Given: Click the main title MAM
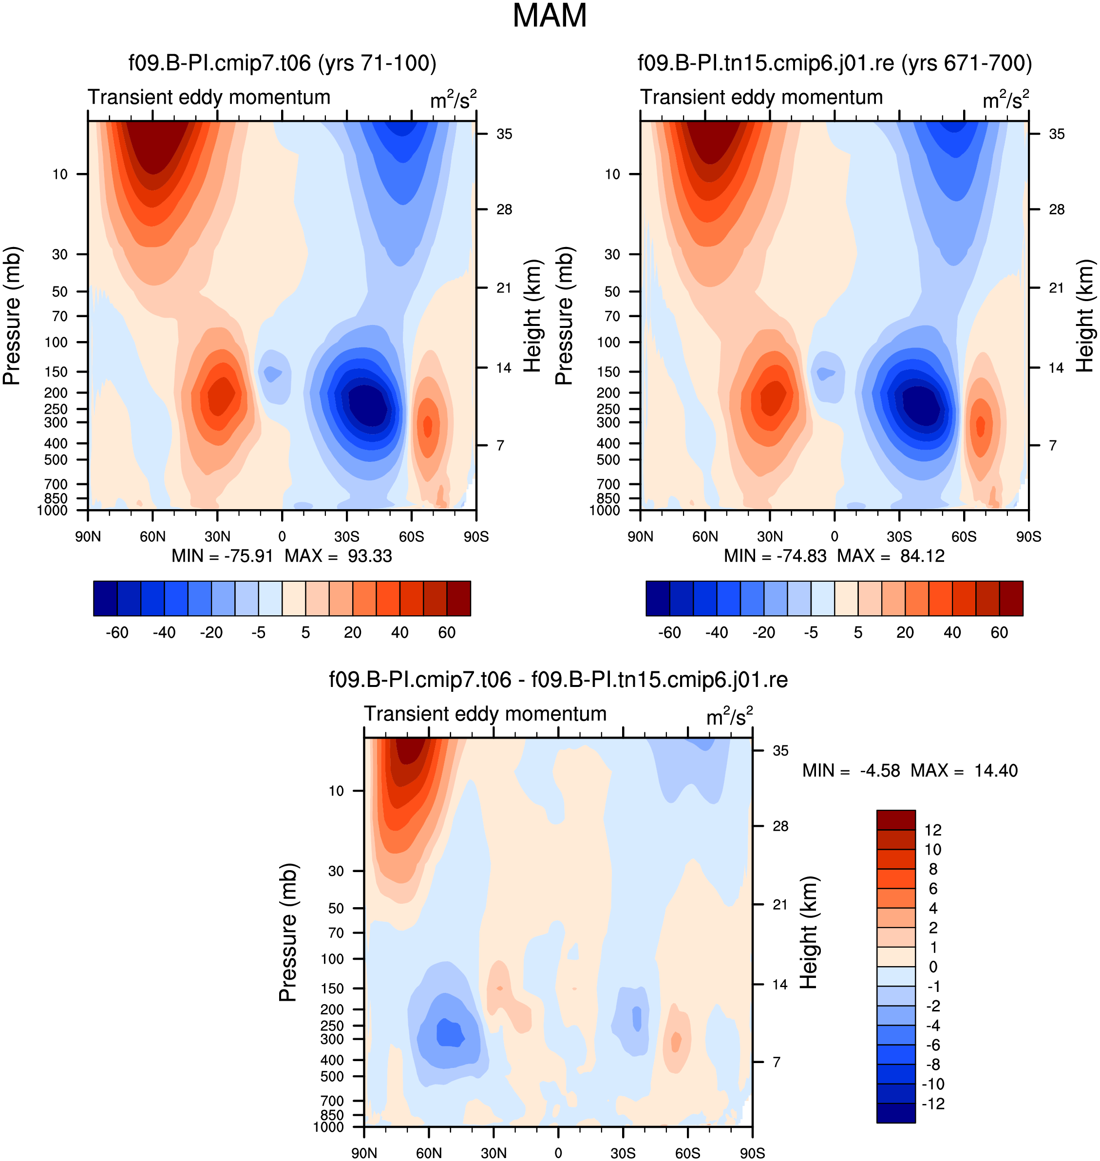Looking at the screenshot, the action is (550, 16).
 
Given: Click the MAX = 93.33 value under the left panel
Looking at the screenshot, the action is (338, 556).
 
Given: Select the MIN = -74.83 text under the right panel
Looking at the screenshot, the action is (775, 556).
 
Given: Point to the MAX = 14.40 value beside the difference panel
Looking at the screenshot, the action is (964, 770).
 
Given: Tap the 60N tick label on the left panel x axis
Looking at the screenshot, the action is (152, 536).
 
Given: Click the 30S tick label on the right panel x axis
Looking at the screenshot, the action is (899, 536).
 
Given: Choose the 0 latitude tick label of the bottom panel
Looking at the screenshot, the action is (558, 1153).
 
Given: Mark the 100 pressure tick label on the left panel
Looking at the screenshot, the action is (57, 342).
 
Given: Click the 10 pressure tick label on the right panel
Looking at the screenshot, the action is (612, 174).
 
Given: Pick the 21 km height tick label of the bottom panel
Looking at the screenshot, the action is (780, 904).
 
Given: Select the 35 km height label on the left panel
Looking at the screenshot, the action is (504, 134).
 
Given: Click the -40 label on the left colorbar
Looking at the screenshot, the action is (164, 632).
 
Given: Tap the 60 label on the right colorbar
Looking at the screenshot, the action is (999, 632).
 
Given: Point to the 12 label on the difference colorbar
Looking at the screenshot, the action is (933, 830).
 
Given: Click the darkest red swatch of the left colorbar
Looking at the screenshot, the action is (458, 598).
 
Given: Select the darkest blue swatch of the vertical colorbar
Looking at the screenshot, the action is (896, 1113).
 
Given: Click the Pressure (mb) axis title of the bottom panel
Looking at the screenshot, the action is (288, 932).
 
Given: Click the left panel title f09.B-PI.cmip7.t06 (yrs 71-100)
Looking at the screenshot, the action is (283, 63).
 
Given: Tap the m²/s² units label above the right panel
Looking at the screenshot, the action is (1005, 98).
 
